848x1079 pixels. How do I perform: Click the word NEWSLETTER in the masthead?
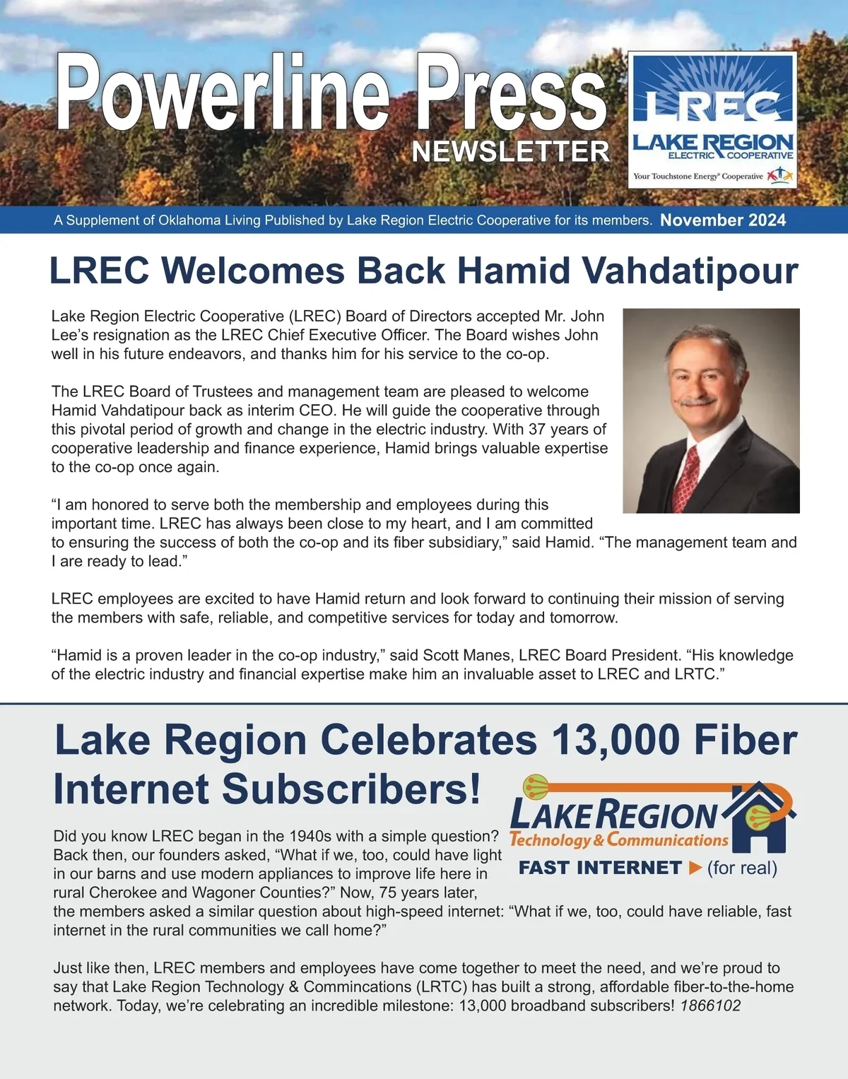click(x=510, y=151)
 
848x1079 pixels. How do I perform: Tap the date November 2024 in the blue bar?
click(x=722, y=220)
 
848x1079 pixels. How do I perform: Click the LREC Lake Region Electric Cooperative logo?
click(x=712, y=120)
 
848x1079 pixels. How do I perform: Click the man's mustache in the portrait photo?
click(x=696, y=400)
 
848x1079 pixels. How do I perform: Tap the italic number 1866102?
click(x=710, y=1006)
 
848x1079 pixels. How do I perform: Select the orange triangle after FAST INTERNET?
click(x=695, y=868)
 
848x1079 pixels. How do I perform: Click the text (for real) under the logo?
click(x=742, y=868)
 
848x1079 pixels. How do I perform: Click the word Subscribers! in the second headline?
click(x=351, y=789)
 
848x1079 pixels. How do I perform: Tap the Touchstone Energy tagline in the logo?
click(x=698, y=176)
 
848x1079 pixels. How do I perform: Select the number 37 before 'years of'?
click(x=537, y=429)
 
